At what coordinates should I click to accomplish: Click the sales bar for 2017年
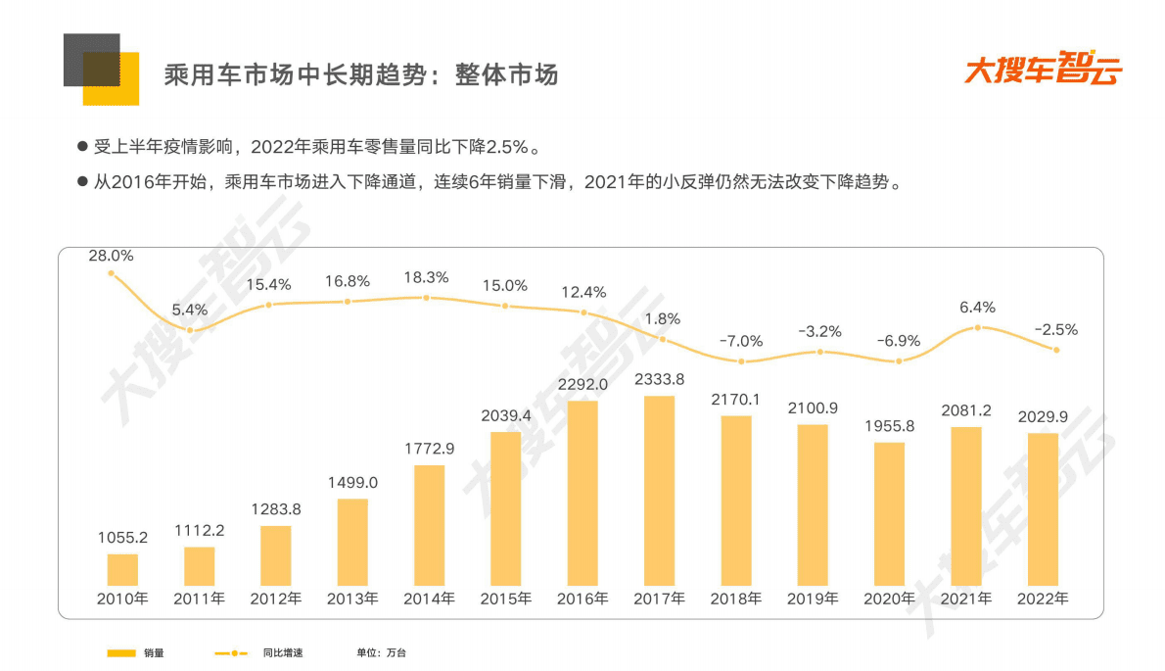(x=659, y=490)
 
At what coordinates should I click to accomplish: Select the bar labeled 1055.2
(x=122, y=569)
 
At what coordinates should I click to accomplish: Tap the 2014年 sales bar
(x=429, y=525)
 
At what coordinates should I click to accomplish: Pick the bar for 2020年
(x=889, y=513)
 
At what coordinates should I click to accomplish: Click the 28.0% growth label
(x=111, y=255)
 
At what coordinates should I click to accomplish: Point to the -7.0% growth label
(x=740, y=341)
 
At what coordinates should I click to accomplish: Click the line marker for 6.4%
(x=977, y=327)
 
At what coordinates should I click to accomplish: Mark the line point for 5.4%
(x=190, y=330)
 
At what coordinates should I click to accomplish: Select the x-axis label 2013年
(x=352, y=599)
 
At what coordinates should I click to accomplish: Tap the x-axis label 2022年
(x=1043, y=599)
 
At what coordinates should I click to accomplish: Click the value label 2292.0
(x=582, y=385)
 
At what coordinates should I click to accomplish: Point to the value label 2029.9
(x=1043, y=417)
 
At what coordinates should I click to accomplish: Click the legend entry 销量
(x=153, y=652)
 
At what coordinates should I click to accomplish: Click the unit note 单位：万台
(x=381, y=652)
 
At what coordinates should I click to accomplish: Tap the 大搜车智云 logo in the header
(x=1043, y=70)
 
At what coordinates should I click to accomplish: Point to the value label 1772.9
(x=429, y=449)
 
